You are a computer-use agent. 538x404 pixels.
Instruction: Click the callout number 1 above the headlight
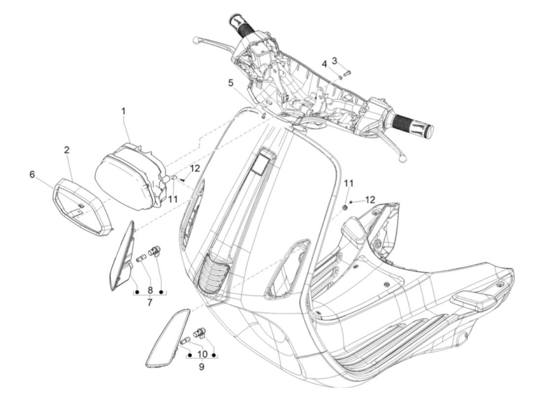[x=123, y=112]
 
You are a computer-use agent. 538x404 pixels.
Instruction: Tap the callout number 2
[x=66, y=150]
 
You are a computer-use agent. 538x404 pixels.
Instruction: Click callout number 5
[x=231, y=83]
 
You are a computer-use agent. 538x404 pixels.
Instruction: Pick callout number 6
[x=32, y=175]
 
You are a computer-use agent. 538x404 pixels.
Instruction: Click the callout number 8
[x=150, y=290]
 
